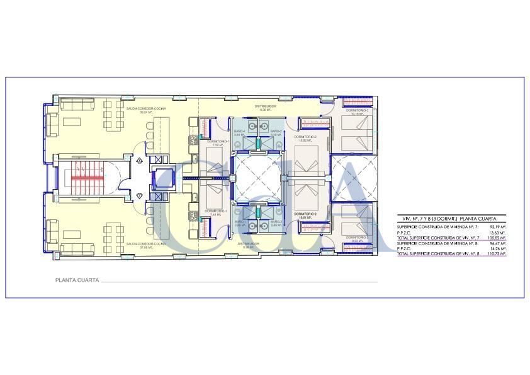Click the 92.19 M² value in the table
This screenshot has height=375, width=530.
[x=498, y=226]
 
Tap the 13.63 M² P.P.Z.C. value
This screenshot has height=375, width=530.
[x=498, y=232]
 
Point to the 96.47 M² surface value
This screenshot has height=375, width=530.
[x=498, y=243]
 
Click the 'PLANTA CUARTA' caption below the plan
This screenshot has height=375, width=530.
[x=77, y=281]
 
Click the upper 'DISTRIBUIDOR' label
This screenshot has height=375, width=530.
[x=266, y=108]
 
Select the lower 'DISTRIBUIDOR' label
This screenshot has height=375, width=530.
[x=249, y=244]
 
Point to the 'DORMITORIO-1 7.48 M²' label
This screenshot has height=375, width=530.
[x=215, y=212]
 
